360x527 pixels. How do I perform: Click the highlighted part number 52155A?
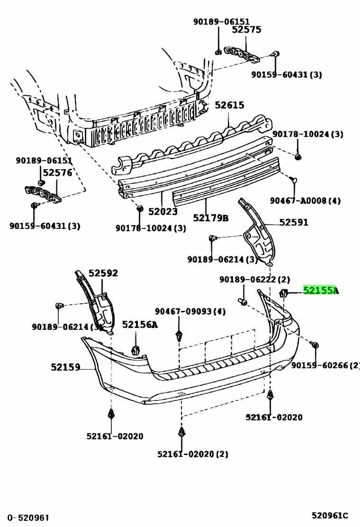coord(321,290)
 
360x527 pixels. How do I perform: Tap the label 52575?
coord(246,29)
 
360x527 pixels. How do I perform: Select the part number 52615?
coord(229,105)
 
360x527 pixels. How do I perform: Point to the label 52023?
coord(163,211)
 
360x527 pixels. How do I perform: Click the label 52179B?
coord(211,218)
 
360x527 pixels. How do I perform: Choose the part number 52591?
coord(294,222)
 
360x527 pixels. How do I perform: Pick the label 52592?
coord(103,273)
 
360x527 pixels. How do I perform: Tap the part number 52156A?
coord(140,324)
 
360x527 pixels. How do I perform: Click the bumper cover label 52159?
coord(65,367)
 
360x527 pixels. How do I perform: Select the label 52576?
coord(57,173)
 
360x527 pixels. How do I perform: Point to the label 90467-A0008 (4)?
coord(305,200)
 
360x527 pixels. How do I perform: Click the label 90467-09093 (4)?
coord(190,311)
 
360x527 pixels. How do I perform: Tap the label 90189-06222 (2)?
coord(254,279)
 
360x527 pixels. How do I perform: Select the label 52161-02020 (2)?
coord(193,454)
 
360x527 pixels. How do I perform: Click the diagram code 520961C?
coord(330,516)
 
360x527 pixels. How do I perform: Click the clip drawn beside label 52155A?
coord(283,293)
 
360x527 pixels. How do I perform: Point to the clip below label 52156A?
coord(135,350)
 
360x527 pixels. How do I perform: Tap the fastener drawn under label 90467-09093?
coord(180,336)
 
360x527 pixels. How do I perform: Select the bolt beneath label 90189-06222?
coord(243,301)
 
